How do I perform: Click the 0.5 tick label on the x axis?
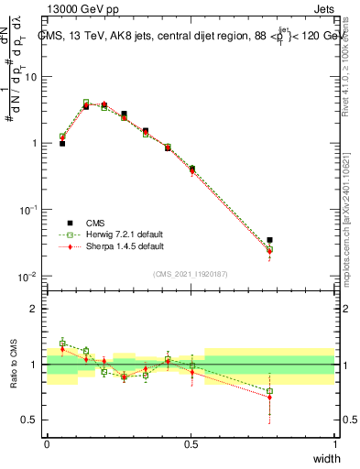tap(191, 444)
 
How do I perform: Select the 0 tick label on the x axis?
tap(47, 444)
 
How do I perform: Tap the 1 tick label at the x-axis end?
tap(335, 444)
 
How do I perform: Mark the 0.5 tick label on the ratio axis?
tap(30, 420)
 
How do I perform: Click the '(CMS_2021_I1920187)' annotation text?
tap(191, 273)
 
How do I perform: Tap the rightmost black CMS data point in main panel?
tap(269, 240)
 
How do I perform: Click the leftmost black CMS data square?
tap(62, 144)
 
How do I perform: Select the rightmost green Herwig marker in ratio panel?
tap(269, 391)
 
